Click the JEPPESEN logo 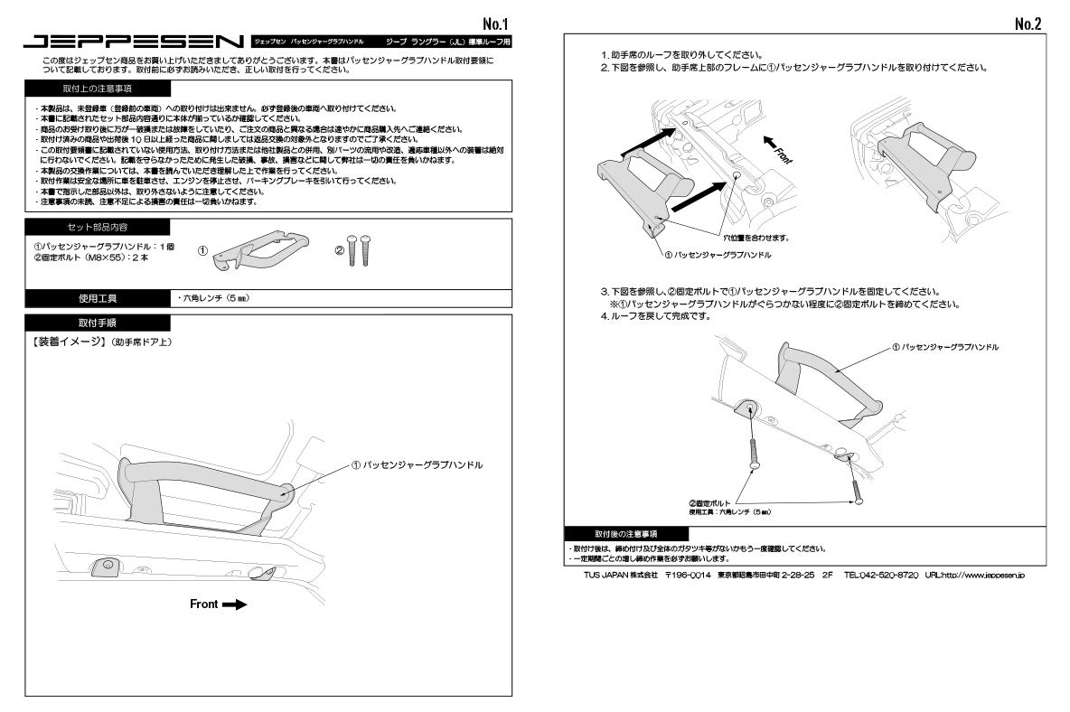coord(134,42)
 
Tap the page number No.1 coord(495,23)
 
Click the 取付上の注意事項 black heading coord(97,89)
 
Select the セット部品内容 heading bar coord(97,227)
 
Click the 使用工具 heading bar coord(97,298)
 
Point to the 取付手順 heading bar coord(97,323)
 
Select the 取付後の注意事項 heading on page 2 coord(626,534)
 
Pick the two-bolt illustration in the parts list coord(360,250)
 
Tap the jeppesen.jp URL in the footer coord(974,575)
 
